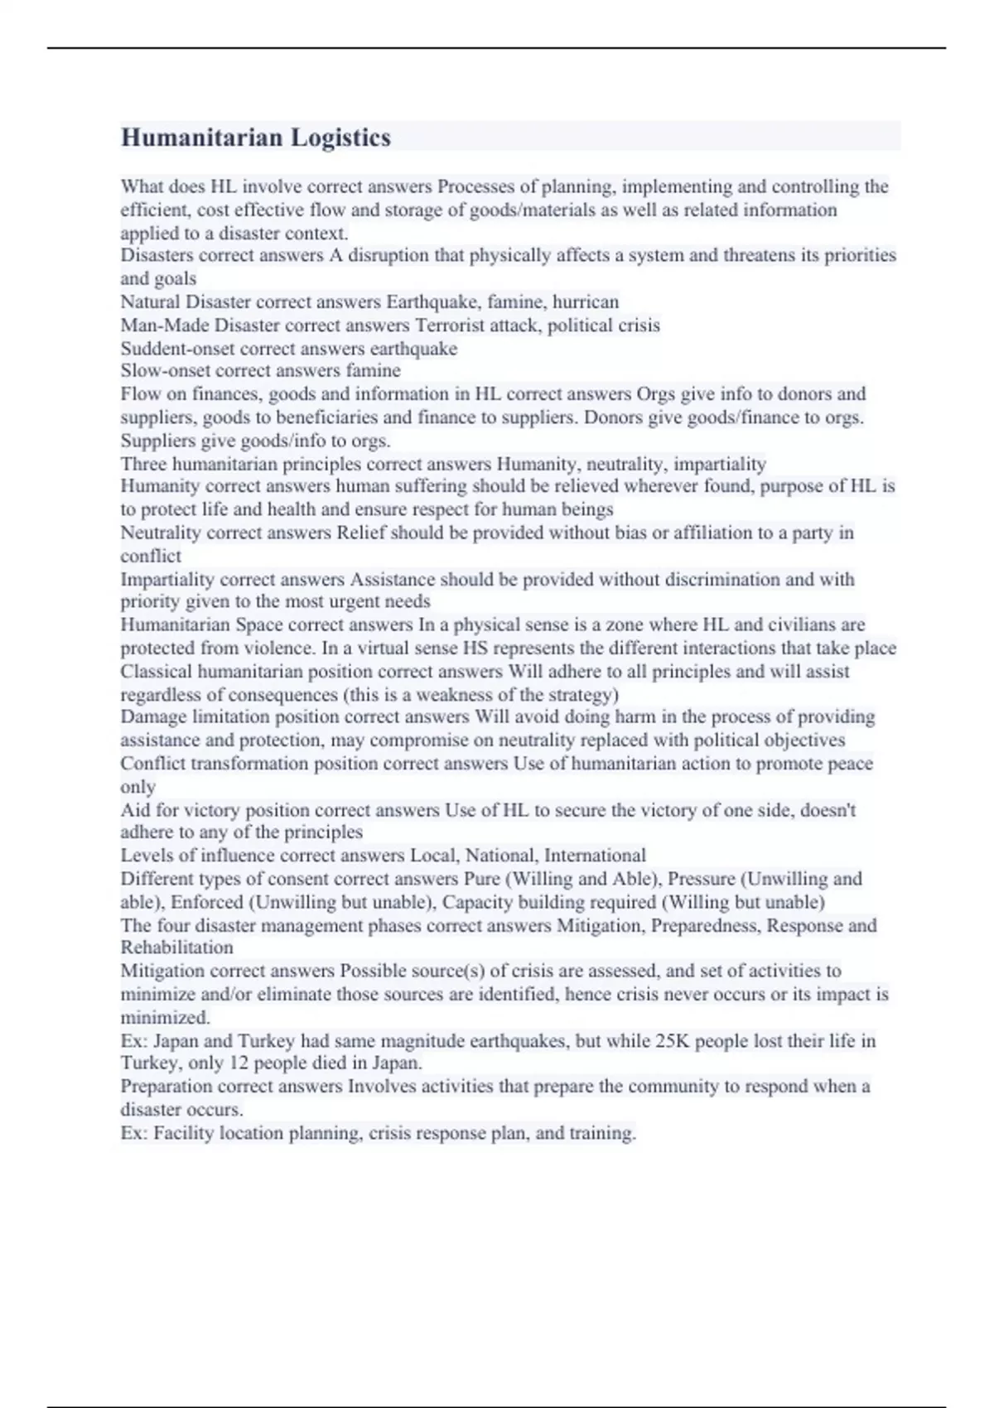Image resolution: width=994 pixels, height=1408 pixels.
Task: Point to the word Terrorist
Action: pyautogui.click(x=450, y=325)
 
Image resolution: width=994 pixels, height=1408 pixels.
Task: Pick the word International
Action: pyautogui.click(x=595, y=856)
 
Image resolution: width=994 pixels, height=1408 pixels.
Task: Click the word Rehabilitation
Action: pyautogui.click(x=176, y=948)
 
